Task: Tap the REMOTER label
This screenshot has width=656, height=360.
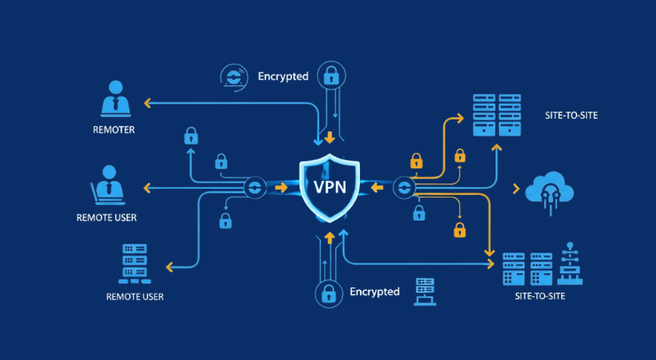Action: coord(114,130)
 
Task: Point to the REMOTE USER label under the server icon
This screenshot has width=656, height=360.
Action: coord(135,295)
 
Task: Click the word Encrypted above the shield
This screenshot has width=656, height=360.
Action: coord(283,76)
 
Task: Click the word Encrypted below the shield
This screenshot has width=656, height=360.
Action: coord(374,292)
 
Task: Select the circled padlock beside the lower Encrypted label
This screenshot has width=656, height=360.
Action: coord(327,293)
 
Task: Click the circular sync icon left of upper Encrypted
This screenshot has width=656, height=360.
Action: coord(233,77)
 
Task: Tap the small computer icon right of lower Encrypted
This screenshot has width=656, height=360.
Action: coord(425,292)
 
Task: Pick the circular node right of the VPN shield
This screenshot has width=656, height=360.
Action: coord(404,187)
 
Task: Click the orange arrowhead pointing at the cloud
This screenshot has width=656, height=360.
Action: coord(516,188)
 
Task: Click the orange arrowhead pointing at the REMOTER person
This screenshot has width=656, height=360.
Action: coord(148,104)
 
